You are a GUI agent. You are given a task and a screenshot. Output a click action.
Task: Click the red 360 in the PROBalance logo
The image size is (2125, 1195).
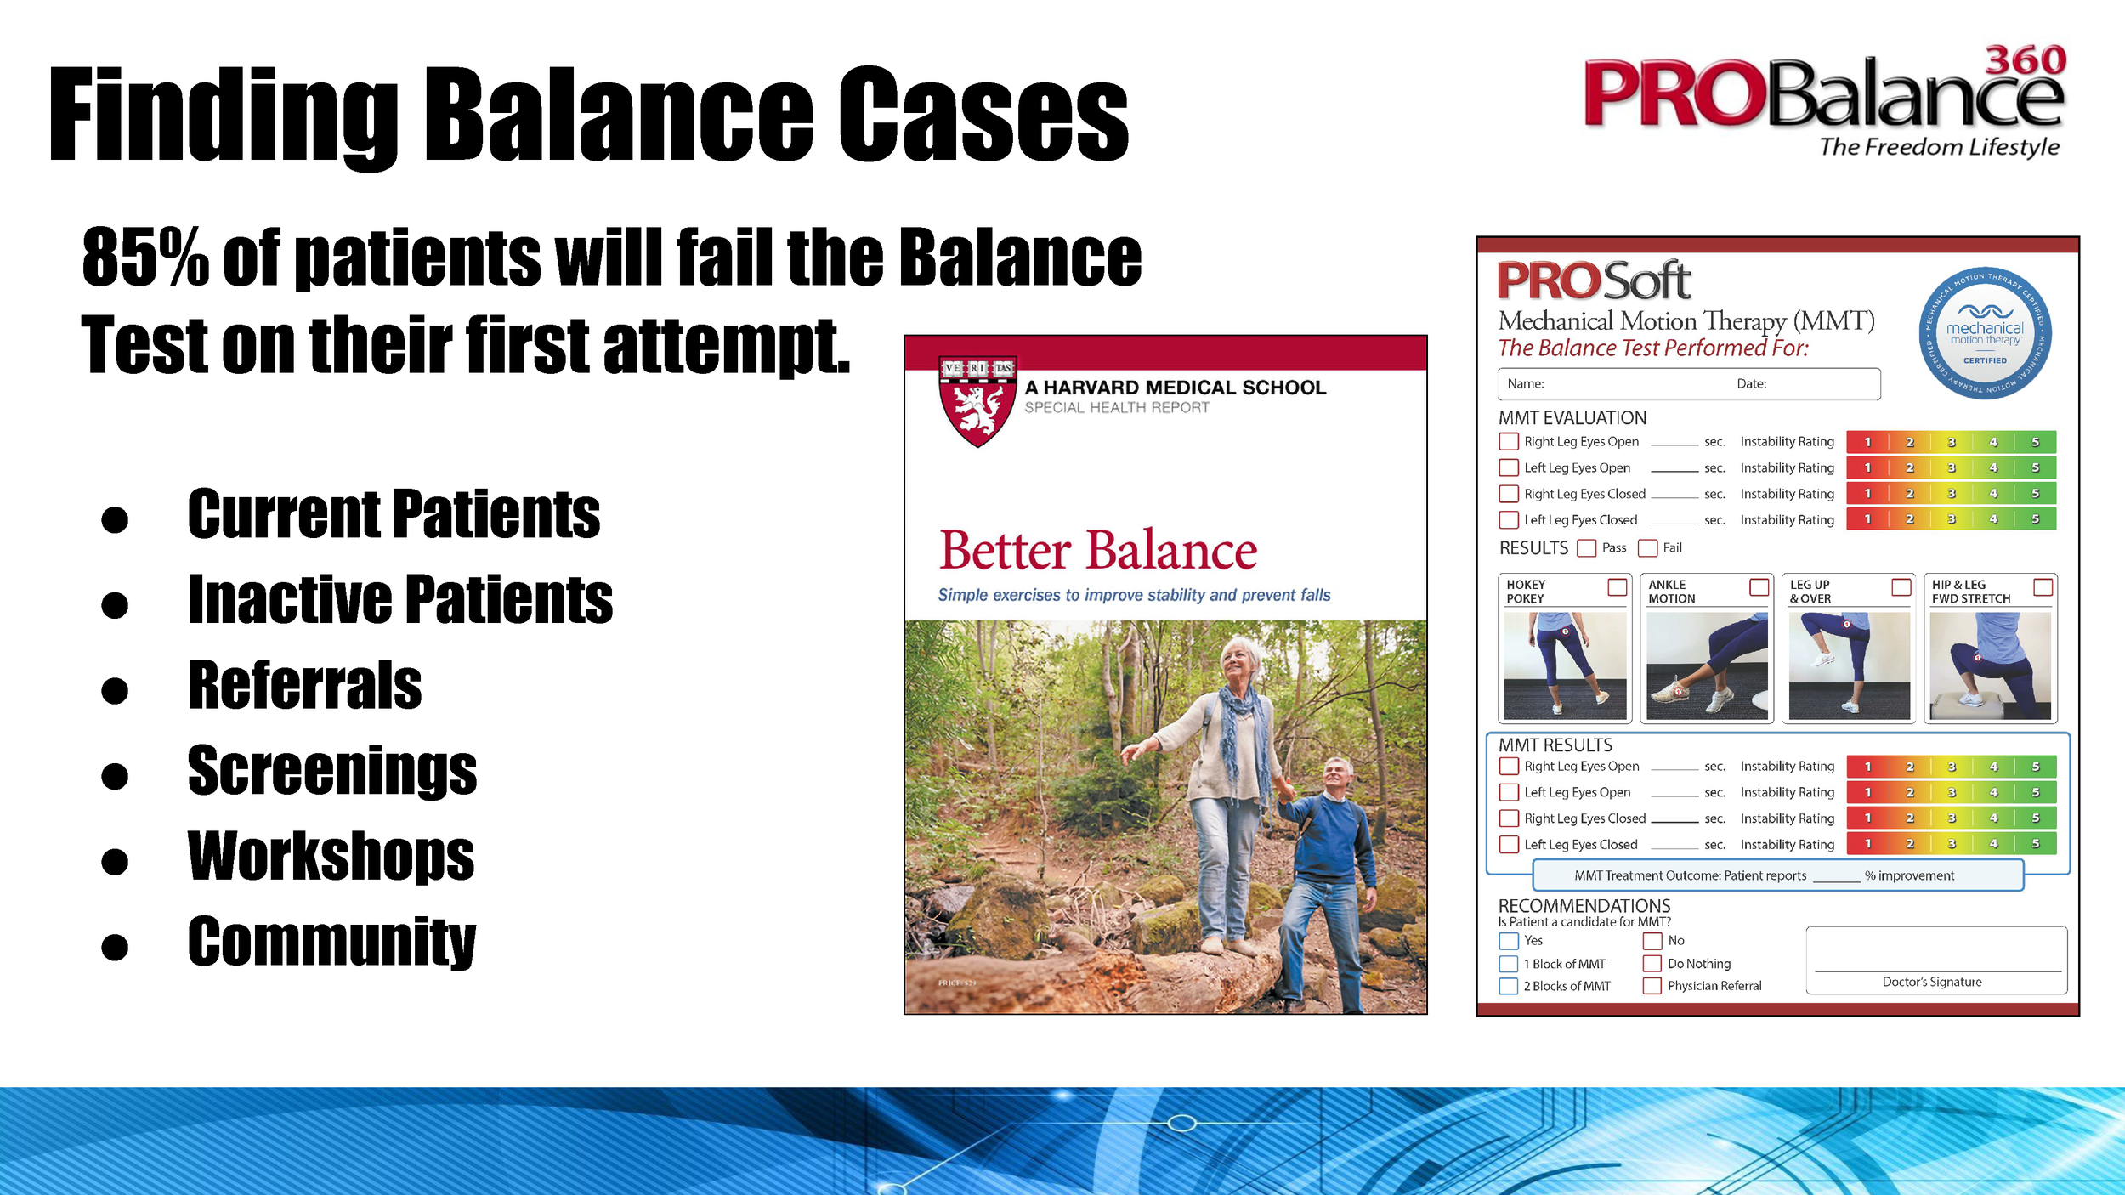pos(2026,61)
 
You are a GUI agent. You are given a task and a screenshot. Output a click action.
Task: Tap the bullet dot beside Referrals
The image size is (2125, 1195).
pos(115,690)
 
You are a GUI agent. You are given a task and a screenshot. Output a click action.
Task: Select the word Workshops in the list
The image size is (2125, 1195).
pos(331,857)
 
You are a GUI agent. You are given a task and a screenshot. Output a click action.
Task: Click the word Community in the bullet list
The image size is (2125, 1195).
pos(331,942)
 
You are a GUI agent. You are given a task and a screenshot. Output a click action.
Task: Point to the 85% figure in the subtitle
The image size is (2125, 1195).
pos(145,257)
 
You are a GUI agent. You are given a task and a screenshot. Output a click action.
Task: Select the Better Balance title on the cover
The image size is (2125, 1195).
pos(1097,551)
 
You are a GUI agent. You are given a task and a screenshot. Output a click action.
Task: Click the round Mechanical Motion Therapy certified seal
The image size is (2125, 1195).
pos(1985,333)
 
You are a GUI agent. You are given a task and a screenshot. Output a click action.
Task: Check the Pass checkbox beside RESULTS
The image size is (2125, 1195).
pos(1586,548)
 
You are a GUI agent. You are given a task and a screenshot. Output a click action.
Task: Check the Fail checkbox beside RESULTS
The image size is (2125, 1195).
pos(1647,548)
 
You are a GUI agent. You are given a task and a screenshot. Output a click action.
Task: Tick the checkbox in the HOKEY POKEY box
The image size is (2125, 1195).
pos(1617,587)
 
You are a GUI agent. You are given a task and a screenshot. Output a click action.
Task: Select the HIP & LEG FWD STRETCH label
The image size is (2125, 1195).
pos(1970,592)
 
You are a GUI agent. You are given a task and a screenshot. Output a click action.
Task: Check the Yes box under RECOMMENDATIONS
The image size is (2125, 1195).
pos(1509,941)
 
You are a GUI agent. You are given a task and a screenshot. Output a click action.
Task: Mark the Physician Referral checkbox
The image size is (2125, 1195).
pos(1652,986)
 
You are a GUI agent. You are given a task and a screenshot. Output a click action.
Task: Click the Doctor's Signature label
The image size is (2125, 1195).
pos(1931,982)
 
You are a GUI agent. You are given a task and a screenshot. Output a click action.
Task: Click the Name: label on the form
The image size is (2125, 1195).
pos(1526,384)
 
